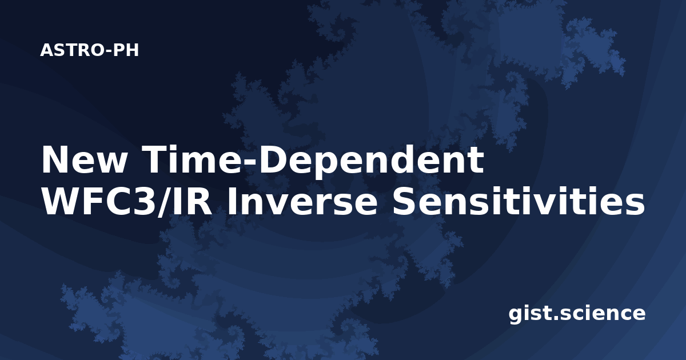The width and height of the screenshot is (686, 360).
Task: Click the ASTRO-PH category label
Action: coord(89,50)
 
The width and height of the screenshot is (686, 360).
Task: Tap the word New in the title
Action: coord(85,160)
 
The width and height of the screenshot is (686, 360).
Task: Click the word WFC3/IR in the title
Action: coord(126,201)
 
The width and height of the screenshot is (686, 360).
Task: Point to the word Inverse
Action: coord(302,201)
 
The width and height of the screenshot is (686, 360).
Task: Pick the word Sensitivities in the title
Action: coord(519,201)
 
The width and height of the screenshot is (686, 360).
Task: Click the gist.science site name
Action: coord(577,313)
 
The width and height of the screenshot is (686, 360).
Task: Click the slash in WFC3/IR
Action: coord(165,202)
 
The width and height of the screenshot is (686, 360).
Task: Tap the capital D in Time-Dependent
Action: coord(275,160)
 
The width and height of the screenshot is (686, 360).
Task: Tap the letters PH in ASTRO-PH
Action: coord(126,50)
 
